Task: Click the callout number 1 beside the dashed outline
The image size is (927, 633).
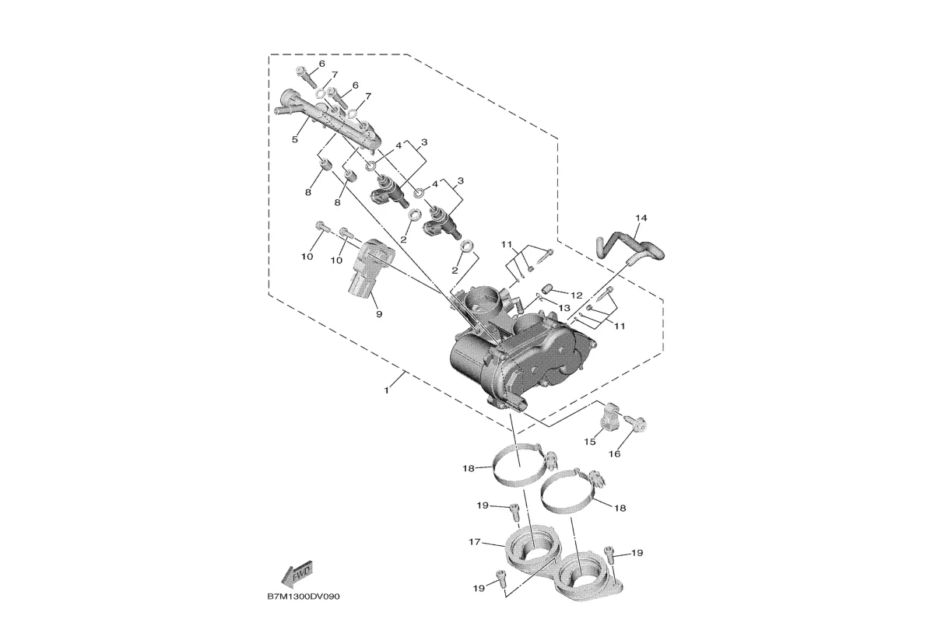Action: tap(386, 391)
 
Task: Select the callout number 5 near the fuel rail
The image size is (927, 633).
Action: tap(295, 140)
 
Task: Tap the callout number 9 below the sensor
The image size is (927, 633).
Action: tap(379, 315)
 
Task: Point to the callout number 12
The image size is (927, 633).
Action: tap(576, 295)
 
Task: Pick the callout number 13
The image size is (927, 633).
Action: tap(564, 308)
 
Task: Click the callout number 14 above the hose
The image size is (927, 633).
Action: tap(641, 219)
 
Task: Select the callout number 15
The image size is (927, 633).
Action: tap(589, 442)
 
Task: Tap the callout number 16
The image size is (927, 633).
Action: tap(614, 454)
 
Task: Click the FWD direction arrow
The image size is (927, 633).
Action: tap(297, 574)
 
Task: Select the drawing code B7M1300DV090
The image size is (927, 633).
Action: tap(304, 597)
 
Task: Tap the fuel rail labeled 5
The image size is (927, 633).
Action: tap(331, 123)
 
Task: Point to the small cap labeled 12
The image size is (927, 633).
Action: tap(546, 289)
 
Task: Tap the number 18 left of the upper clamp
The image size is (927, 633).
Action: tap(469, 468)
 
